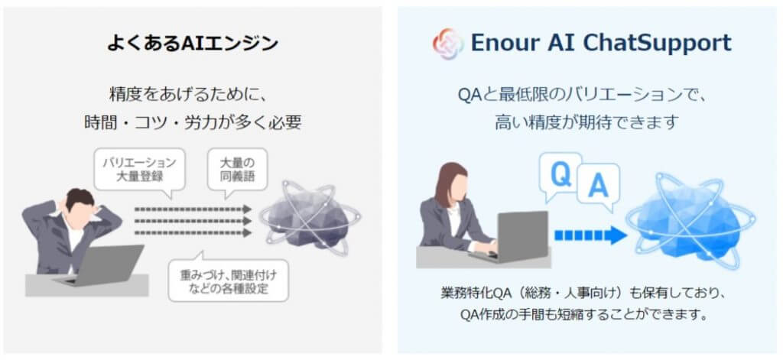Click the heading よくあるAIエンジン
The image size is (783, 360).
[x=193, y=44]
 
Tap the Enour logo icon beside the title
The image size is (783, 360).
[x=448, y=44]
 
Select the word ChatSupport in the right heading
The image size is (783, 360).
[x=657, y=44]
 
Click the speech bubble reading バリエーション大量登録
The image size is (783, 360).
[x=139, y=170]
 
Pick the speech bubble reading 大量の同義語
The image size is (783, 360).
[x=237, y=170]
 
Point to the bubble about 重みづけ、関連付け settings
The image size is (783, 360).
[x=228, y=281]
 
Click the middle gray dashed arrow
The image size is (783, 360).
[x=193, y=221]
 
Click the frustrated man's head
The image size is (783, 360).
[x=80, y=204]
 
